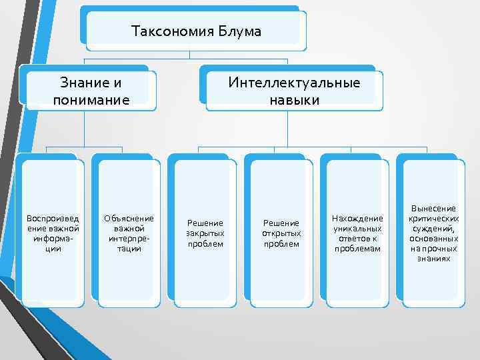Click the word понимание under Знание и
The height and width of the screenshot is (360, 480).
[x=90, y=100]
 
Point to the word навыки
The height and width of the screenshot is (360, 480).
[x=294, y=100]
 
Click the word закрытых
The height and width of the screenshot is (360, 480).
[x=205, y=233]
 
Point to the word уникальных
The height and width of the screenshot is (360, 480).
[x=358, y=229]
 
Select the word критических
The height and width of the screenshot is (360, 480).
[x=434, y=218]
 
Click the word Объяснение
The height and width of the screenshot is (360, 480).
[x=129, y=218]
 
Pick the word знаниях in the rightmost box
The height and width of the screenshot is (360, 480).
[x=434, y=258]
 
